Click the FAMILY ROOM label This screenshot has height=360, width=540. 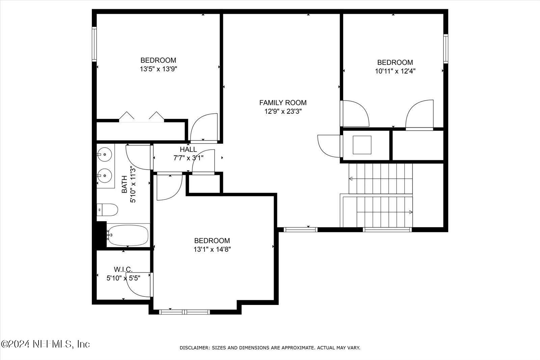283,103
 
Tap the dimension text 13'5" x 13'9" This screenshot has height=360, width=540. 158,69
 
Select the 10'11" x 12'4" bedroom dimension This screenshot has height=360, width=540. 395,71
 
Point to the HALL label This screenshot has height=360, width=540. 188,150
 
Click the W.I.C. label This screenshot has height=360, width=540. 123,269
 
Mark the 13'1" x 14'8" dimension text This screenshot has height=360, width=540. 212,250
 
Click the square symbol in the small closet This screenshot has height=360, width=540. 362,145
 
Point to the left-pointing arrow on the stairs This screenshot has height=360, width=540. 351,178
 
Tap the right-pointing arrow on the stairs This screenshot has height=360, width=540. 410,212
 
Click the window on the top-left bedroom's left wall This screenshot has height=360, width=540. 94,44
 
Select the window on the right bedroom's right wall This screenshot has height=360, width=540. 446,49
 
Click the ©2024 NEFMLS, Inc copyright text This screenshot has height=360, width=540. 45,344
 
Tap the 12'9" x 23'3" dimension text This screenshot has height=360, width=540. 283,111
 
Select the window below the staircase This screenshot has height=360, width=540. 387,230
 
